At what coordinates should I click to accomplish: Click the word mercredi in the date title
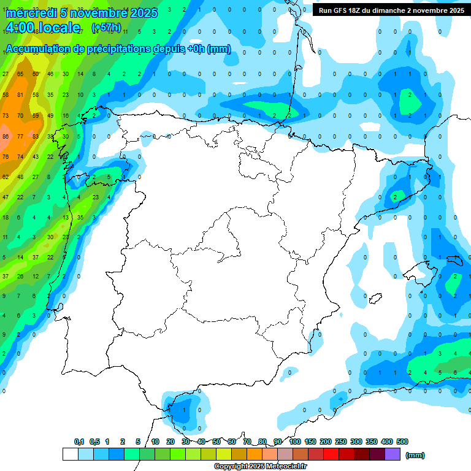click(x=31, y=13)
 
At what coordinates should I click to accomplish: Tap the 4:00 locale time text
click(x=43, y=28)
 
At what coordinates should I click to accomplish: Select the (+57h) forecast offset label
click(x=106, y=28)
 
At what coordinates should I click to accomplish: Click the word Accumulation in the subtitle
click(x=37, y=49)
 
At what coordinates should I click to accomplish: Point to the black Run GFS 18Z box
click(x=391, y=10)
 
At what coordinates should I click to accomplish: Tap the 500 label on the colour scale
click(x=402, y=442)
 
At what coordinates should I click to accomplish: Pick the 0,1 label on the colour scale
click(x=79, y=442)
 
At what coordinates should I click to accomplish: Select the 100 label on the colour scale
click(x=295, y=442)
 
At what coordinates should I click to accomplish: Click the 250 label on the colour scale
click(x=341, y=442)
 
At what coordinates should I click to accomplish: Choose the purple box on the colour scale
click(x=392, y=454)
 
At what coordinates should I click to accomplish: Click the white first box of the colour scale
click(x=70, y=454)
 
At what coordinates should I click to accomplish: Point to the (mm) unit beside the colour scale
click(x=416, y=455)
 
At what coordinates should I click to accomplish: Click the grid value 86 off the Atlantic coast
click(x=6, y=136)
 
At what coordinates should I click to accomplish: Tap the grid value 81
click(x=20, y=95)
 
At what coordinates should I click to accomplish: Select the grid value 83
click(x=36, y=136)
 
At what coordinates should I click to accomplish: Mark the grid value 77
click(x=20, y=136)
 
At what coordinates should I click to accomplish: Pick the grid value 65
click(x=20, y=74)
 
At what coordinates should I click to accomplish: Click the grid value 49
click(x=50, y=115)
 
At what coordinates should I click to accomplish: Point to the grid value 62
click(x=6, y=177)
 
